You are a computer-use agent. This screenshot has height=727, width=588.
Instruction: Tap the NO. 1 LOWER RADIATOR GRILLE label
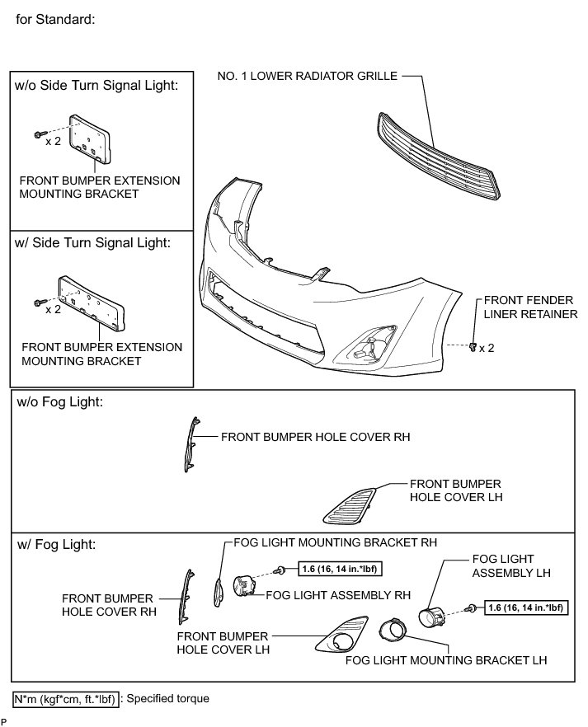(x=308, y=76)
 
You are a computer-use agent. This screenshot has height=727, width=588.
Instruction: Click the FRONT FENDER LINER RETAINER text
(x=529, y=307)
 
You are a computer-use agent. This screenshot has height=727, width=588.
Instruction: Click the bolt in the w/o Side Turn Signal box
(x=38, y=134)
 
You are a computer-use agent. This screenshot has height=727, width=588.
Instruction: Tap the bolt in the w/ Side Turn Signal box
(x=38, y=302)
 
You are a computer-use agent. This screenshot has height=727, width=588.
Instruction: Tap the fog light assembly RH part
(x=247, y=588)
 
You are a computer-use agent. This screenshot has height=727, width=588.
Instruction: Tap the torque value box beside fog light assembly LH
(x=526, y=608)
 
